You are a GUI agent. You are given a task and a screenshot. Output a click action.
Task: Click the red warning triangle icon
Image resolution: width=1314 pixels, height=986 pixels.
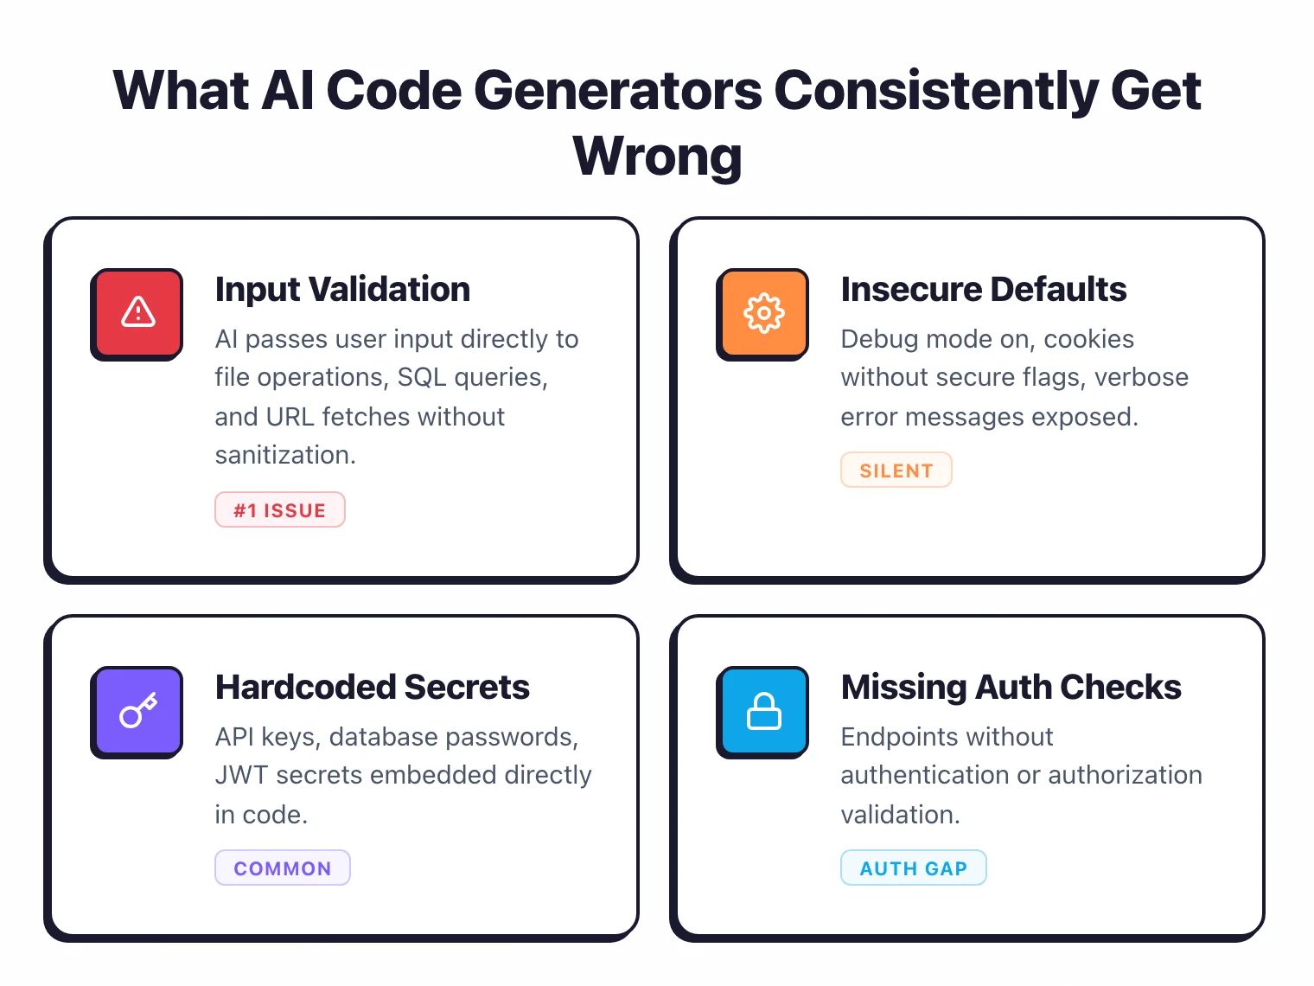137,312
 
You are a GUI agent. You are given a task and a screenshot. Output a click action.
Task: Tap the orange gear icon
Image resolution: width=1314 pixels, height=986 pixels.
763,312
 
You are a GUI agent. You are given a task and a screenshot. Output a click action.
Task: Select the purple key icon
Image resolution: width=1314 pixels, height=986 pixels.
137,710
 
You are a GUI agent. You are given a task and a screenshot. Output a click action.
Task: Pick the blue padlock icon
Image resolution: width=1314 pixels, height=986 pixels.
763,710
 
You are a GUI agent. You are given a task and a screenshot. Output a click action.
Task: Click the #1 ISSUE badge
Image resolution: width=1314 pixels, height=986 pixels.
279,510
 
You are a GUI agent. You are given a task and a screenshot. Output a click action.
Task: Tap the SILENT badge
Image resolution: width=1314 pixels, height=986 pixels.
896,471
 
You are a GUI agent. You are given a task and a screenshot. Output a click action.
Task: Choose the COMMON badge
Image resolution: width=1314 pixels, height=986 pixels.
282,868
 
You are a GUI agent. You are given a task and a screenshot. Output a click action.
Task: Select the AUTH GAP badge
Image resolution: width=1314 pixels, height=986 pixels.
913,868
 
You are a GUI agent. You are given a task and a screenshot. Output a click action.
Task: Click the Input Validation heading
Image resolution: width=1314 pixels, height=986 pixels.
342,289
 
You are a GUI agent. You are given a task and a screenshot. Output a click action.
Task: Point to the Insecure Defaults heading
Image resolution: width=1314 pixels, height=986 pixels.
983,289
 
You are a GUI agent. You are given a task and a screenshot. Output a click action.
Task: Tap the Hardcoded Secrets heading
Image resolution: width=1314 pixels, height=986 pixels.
372,687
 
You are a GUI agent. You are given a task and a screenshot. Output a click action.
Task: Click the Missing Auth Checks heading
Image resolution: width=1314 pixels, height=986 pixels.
1011,687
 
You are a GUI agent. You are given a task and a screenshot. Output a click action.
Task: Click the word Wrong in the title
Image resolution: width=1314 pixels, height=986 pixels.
657,157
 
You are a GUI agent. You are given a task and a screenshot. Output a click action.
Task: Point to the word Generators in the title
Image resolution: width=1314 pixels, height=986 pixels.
618,90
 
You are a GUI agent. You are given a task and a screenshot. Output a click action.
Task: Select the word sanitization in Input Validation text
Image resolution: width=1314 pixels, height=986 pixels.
284,455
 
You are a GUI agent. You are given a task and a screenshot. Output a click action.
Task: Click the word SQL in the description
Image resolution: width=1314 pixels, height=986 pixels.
422,378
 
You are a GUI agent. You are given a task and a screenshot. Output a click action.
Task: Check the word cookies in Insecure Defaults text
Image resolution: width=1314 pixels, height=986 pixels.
1088,339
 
